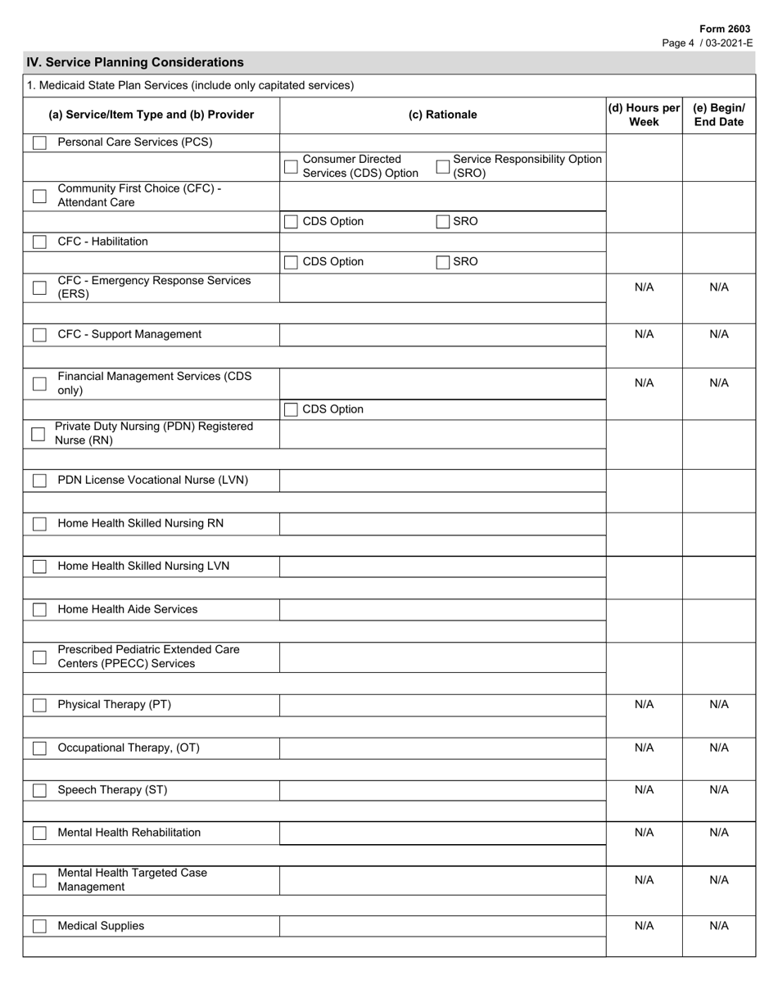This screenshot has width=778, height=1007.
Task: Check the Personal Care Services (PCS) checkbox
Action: pos(39,143)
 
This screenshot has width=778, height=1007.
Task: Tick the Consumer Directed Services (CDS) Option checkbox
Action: pos(291,167)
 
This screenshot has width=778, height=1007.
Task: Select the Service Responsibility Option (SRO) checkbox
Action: pos(443,167)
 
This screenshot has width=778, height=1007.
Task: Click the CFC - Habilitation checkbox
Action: pos(39,242)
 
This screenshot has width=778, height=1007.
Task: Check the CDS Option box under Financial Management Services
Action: pos(291,410)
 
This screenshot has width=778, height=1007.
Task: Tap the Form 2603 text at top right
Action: pos(724,29)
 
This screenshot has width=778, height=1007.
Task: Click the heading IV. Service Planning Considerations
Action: pos(135,62)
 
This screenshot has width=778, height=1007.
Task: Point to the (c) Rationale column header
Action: pos(442,115)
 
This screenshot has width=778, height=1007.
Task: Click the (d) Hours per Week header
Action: pos(644,115)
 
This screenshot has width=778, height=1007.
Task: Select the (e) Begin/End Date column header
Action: pos(718,115)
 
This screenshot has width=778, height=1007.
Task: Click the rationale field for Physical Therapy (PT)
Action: pos(442,705)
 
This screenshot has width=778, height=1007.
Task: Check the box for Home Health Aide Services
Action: pos(39,610)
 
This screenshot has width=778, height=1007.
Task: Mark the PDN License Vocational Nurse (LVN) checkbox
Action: pos(39,481)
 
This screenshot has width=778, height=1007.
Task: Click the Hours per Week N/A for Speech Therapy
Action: pos(644,790)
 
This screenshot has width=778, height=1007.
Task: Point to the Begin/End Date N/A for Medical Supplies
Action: pos(718,926)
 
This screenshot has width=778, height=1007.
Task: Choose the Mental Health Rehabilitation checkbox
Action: pos(39,833)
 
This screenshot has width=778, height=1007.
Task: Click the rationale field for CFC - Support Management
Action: pos(442,335)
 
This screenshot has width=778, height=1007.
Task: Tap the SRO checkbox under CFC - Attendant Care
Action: pos(443,222)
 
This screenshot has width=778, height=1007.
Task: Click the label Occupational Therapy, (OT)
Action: pos(128,747)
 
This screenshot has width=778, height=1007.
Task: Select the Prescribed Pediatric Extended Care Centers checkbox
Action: pos(39,657)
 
